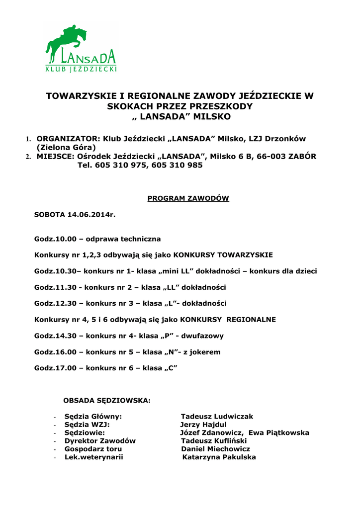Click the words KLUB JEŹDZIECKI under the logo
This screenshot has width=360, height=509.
click(81, 69)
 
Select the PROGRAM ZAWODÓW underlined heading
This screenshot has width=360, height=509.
click(188, 198)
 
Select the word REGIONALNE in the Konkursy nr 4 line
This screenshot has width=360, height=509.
click(251, 320)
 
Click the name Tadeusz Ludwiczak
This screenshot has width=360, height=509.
click(217, 416)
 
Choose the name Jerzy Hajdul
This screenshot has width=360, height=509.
click(203, 424)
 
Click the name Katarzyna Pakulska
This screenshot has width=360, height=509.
click(219, 457)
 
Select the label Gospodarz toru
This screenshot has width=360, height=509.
click(93, 449)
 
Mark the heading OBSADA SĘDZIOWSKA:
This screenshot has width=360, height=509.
click(106, 400)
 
